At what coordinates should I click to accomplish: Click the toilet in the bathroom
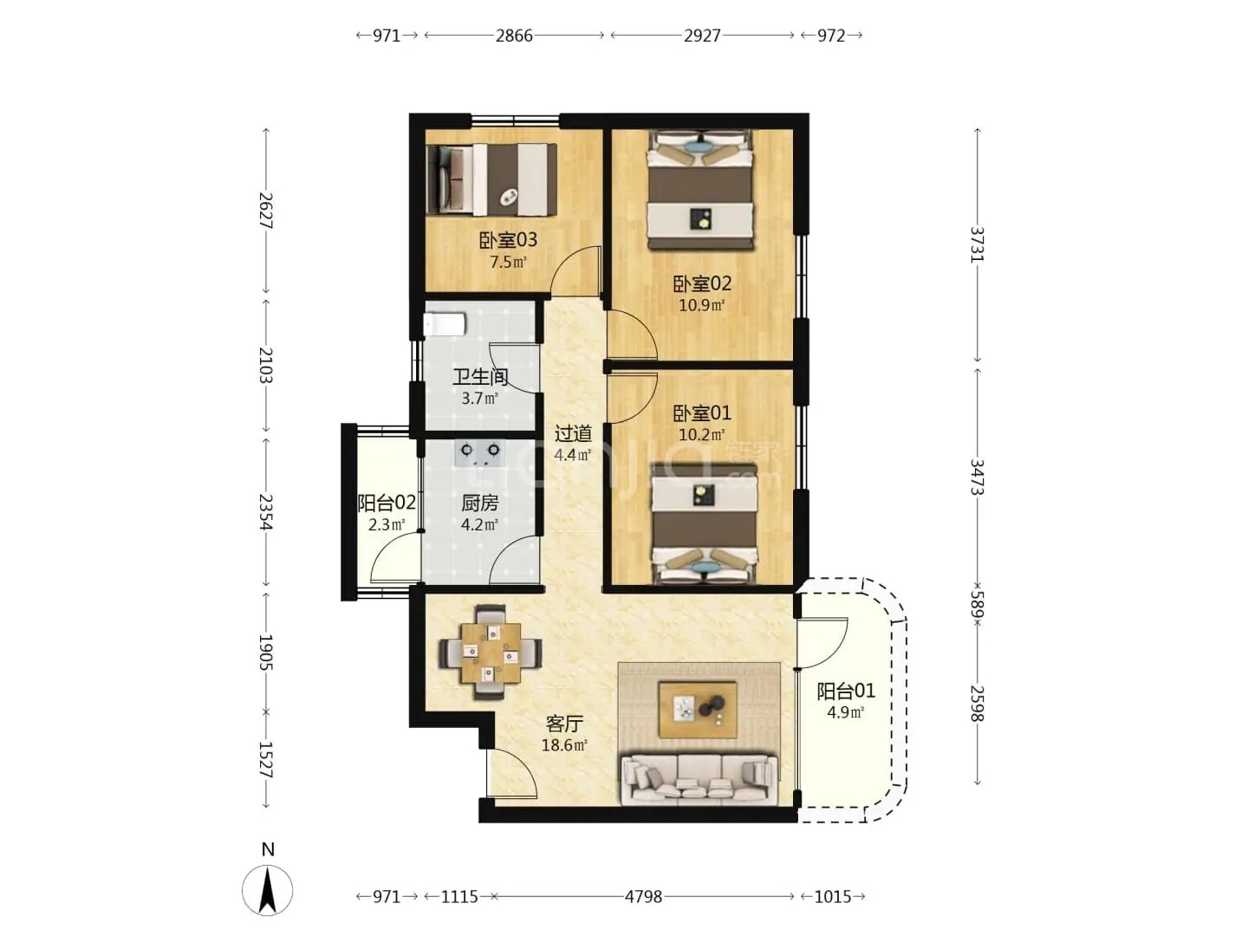(x=445, y=324)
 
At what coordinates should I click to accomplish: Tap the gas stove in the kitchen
(x=480, y=453)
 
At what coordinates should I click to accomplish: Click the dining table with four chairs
(x=491, y=653)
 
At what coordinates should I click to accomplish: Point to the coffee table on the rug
(x=698, y=710)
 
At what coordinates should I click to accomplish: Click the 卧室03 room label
(x=508, y=240)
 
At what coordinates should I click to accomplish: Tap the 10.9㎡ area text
(x=702, y=306)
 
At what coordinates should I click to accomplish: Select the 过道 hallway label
(x=573, y=433)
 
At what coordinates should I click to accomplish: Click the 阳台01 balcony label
(x=846, y=691)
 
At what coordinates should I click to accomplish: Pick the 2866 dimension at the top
(x=514, y=36)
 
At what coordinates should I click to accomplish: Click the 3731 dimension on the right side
(x=978, y=244)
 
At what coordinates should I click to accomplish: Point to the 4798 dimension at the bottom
(x=644, y=897)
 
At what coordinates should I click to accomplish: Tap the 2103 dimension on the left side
(x=265, y=365)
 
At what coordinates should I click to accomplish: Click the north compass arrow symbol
(x=267, y=891)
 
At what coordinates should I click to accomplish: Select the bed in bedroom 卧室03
(x=491, y=179)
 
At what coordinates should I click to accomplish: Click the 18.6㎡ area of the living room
(x=564, y=745)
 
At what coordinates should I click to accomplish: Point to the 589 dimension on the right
(x=978, y=605)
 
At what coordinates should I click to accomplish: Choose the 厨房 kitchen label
(x=480, y=503)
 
